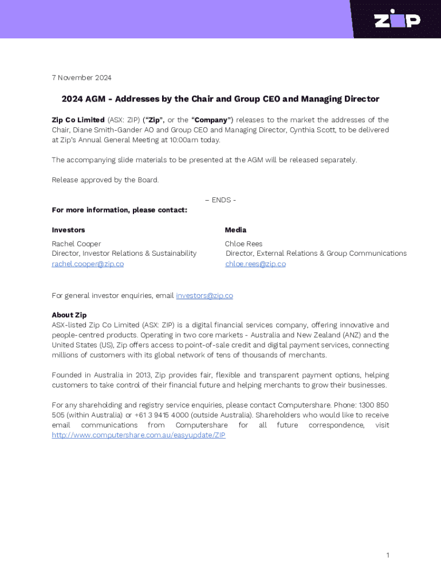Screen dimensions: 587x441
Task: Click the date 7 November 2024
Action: point(81,78)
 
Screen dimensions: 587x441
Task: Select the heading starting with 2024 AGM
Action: point(220,99)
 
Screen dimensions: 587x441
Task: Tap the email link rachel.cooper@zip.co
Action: point(88,264)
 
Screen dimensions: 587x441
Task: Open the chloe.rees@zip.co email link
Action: point(255,264)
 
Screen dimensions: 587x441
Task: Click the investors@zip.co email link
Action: point(204,296)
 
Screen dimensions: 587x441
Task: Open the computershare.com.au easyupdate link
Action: point(139,435)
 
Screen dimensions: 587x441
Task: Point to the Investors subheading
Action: point(68,230)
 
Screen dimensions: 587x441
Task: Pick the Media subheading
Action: point(235,230)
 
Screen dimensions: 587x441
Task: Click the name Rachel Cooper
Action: point(76,244)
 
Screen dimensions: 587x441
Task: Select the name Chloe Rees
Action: point(243,244)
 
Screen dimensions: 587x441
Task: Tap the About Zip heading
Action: point(69,315)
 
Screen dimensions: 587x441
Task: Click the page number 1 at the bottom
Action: point(388,555)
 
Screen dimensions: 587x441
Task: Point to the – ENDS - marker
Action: point(220,200)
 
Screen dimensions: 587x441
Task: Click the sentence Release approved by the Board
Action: point(105,180)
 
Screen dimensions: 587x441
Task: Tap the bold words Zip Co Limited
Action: point(78,120)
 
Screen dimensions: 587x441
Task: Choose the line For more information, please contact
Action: point(119,210)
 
